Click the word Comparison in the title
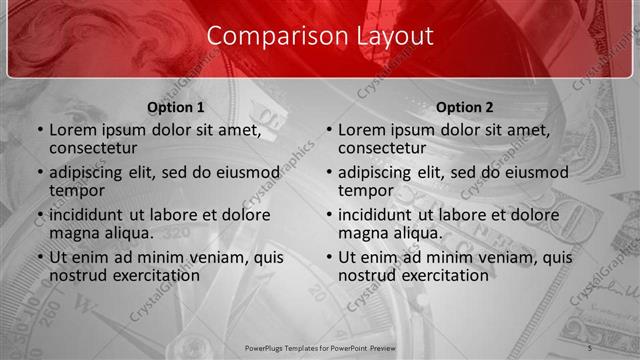(x=266, y=36)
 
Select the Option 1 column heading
(x=176, y=107)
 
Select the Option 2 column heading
(x=465, y=107)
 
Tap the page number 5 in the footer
(x=591, y=347)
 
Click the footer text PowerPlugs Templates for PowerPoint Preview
(x=320, y=347)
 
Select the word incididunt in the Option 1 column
(x=89, y=215)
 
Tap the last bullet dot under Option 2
(x=327, y=257)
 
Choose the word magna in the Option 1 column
(x=72, y=233)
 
